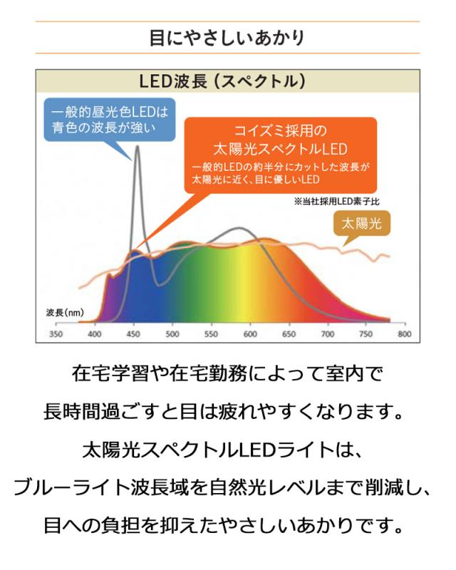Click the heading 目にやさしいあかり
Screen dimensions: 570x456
pos(227,37)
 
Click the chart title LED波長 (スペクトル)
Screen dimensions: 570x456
pos(227,81)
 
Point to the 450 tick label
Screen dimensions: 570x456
pos(133,334)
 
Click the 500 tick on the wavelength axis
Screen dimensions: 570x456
pos(172,334)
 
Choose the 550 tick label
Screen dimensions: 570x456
pos(211,334)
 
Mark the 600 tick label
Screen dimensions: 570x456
pos(249,334)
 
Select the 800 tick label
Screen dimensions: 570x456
pos(404,334)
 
